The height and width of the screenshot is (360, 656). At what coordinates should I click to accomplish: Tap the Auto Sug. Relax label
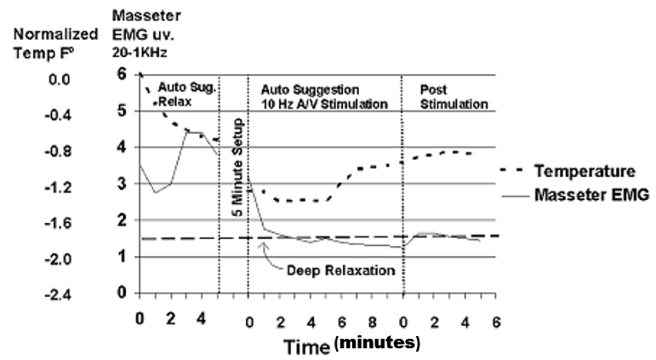pyautogui.click(x=176, y=94)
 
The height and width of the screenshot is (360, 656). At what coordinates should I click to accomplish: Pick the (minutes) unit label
pyautogui.click(x=378, y=345)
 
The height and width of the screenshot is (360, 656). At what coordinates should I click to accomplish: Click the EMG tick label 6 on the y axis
pyautogui.click(x=121, y=75)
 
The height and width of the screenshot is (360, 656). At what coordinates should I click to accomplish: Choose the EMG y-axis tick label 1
pyautogui.click(x=121, y=256)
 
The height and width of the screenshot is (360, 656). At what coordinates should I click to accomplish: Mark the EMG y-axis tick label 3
pyautogui.click(x=121, y=184)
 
